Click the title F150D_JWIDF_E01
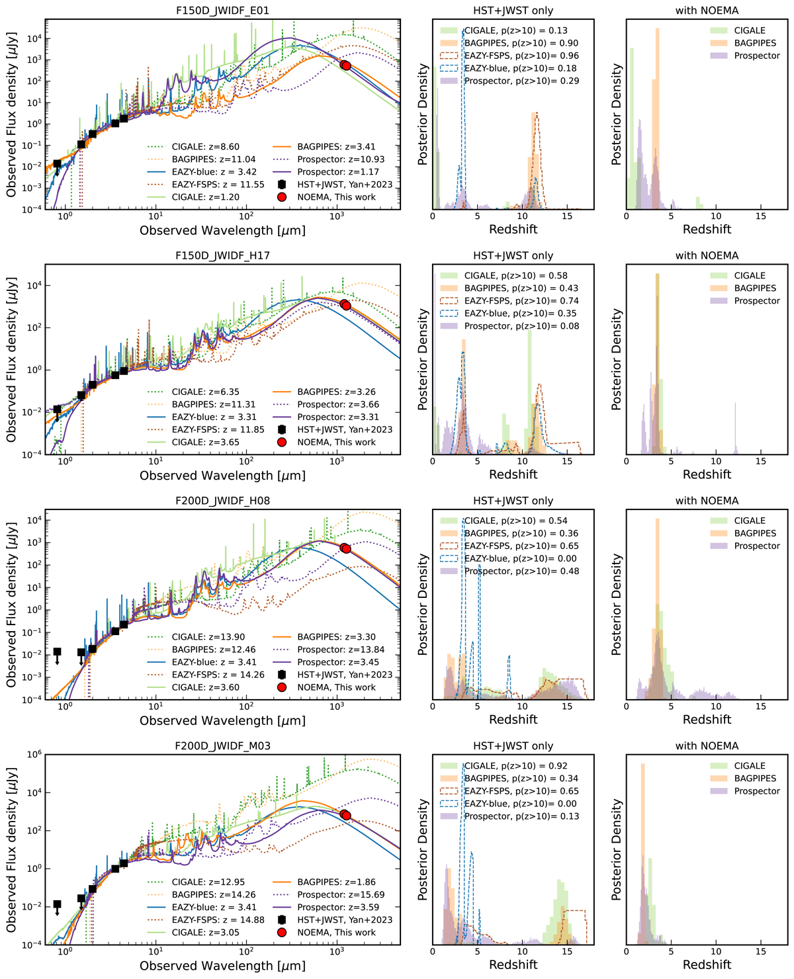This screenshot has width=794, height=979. click(x=222, y=11)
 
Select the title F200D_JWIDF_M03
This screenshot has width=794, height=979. click(x=222, y=745)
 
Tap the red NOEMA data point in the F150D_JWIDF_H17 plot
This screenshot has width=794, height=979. click(x=345, y=305)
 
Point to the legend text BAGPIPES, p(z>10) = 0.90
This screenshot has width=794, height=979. click(x=521, y=43)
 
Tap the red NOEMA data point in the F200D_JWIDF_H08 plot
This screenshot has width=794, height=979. click(x=345, y=548)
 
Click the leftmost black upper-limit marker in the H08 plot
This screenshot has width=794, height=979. click(x=57, y=652)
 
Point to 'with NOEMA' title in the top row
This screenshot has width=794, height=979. click(x=707, y=11)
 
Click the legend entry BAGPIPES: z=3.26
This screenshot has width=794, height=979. click(x=336, y=392)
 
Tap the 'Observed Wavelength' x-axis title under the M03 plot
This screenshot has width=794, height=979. click(x=222, y=966)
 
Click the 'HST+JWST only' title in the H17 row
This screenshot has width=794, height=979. click(x=513, y=256)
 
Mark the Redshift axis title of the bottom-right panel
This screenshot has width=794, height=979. click(x=707, y=965)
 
